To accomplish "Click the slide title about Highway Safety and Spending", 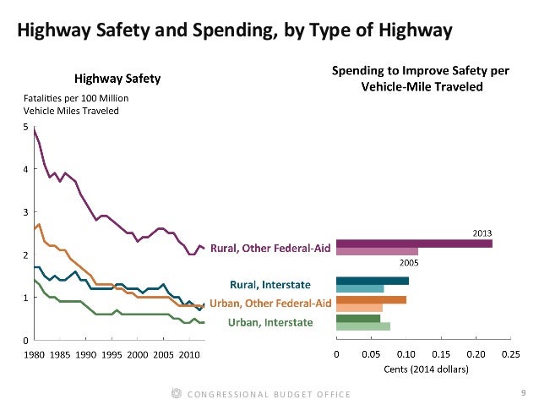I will [236, 32].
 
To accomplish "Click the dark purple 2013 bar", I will [414, 244].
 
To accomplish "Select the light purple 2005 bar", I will [377, 252].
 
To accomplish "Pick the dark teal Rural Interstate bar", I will [373, 281].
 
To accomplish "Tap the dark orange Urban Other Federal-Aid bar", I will [371, 299].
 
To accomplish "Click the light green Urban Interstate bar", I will [363, 326].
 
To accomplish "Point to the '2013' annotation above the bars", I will [483, 232].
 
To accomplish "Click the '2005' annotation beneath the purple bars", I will [408, 263].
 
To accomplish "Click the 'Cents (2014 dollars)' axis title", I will [423, 369].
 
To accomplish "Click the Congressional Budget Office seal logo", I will [176, 392].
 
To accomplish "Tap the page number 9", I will [524, 391].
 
